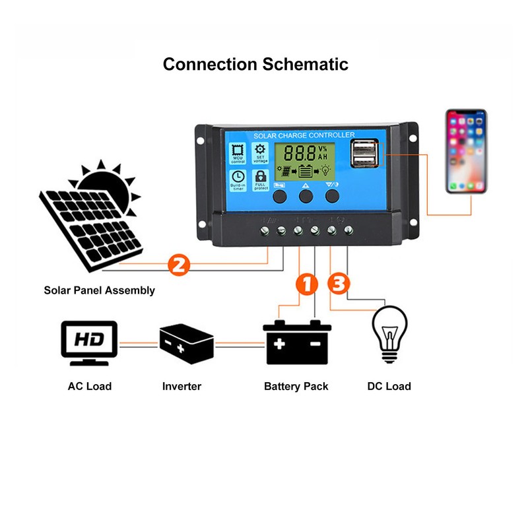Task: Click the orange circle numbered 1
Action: coord(306,285)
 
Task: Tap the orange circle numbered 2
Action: coord(180,266)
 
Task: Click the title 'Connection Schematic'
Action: coord(255,65)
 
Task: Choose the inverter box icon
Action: coord(187,343)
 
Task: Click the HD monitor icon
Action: coord(88,343)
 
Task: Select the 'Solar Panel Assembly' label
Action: coord(100,290)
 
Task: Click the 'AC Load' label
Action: coord(90,386)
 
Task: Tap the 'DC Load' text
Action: coord(389,386)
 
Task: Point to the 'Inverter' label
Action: coord(181,386)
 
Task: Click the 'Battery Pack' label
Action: coord(296,386)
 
